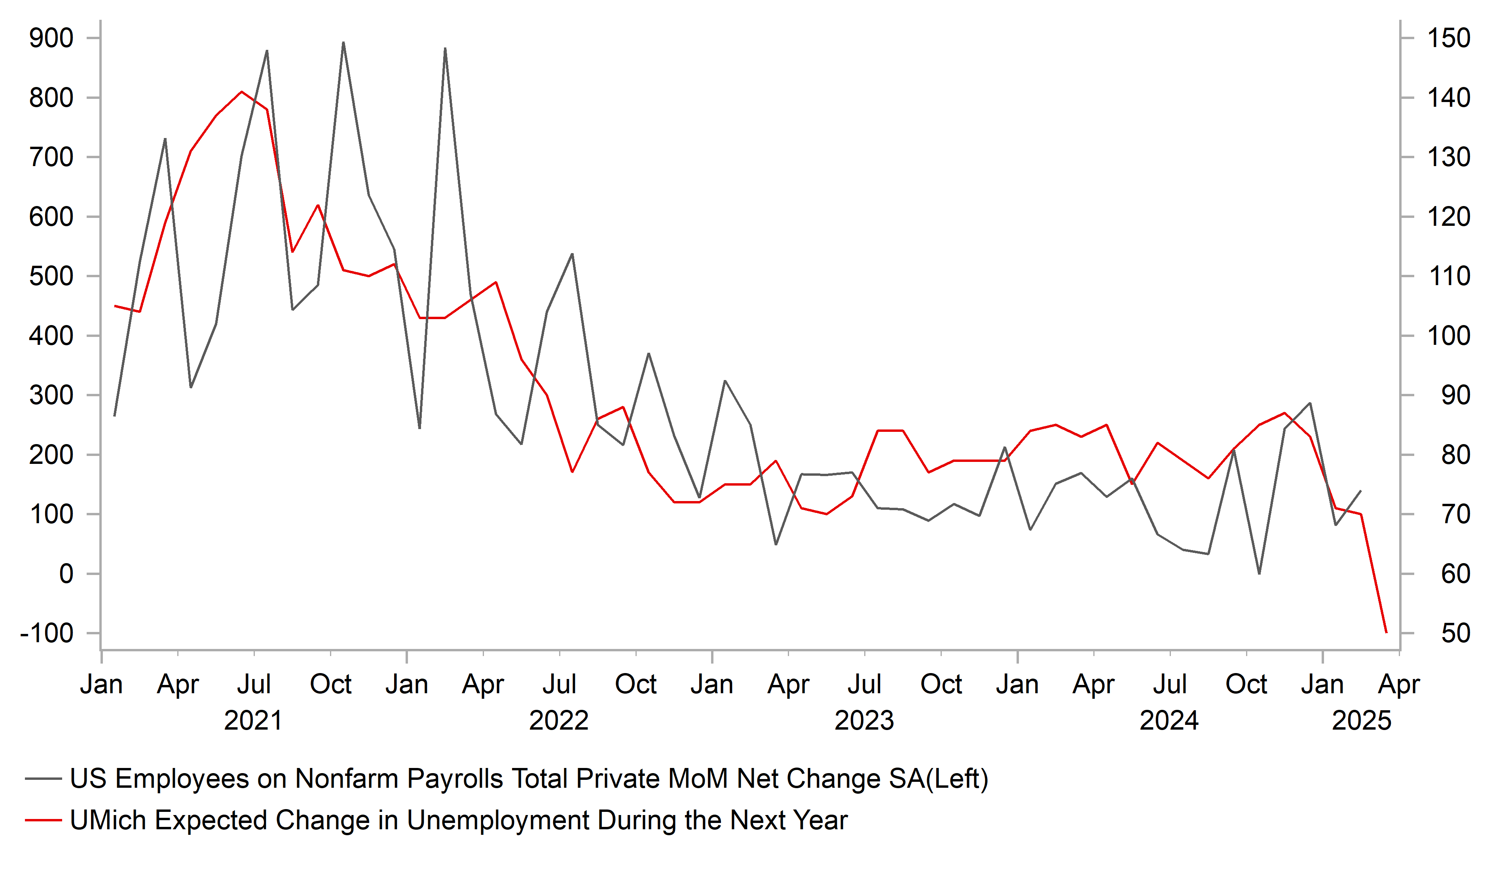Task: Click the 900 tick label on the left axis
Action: [51, 38]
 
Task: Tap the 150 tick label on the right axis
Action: [1448, 38]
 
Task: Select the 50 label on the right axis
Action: [1455, 634]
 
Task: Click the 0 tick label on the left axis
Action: [66, 574]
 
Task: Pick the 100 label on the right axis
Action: [1448, 336]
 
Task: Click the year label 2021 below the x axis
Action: [253, 721]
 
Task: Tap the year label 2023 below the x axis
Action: [864, 721]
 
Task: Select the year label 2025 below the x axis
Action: [1361, 721]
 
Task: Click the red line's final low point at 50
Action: [1386, 633]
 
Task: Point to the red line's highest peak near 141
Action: [241, 92]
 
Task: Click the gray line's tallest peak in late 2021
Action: [343, 43]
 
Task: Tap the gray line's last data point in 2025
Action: [1361, 490]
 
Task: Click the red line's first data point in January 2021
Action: [115, 306]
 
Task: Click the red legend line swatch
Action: [43, 820]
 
